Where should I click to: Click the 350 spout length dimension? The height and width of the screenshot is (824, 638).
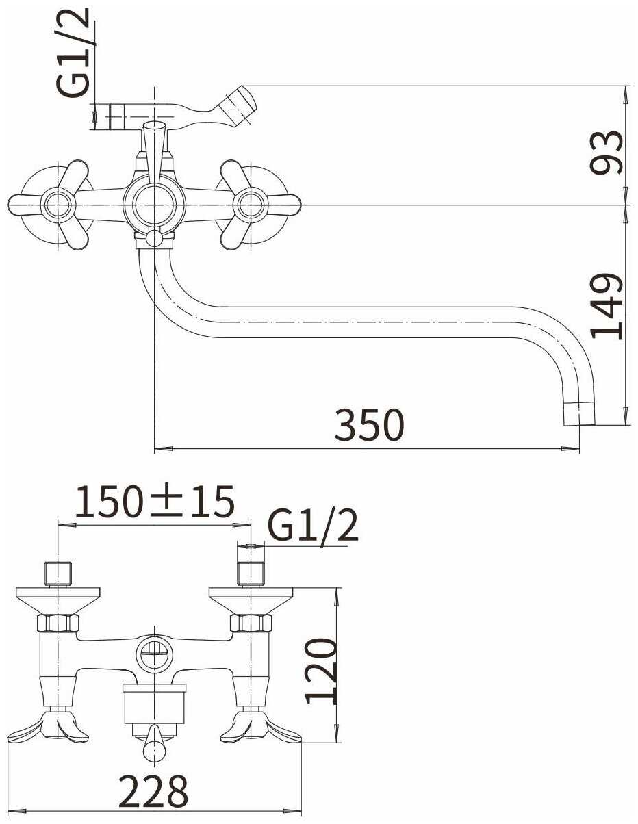pos(369,425)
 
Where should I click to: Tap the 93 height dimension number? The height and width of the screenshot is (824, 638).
pos(606,152)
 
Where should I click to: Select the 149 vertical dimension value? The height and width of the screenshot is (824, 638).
pos(606,306)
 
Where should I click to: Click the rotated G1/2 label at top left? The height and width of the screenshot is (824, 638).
pos(73,52)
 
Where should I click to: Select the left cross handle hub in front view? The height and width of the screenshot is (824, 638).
pos(58,205)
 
